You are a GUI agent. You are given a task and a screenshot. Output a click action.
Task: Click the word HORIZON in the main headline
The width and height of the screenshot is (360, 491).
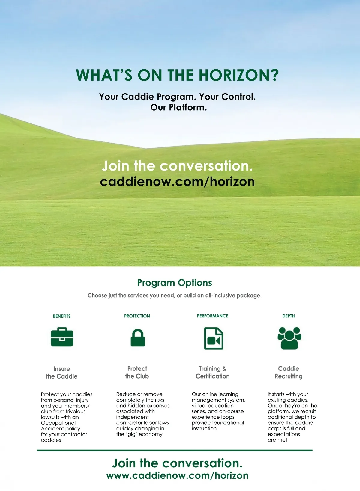coord(239,75)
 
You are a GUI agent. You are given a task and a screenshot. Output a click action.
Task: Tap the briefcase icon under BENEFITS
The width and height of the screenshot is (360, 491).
coord(62,337)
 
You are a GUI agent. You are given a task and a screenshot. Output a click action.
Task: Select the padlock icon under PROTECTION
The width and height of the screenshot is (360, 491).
coord(138,338)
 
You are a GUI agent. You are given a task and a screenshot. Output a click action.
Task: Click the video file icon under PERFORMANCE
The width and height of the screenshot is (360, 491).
coord(214,338)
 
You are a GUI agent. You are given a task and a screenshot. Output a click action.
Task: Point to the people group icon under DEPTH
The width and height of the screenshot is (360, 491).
coord(289,338)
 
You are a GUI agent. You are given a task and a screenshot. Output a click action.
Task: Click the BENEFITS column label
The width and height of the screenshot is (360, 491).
coord(62,316)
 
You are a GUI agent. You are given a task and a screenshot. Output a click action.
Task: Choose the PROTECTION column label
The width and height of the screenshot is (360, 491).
coord(137,316)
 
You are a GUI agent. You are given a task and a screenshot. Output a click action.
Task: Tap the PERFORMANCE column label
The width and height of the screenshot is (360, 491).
coord(212,316)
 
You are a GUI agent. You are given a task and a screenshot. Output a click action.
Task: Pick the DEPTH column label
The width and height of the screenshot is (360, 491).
coord(289,316)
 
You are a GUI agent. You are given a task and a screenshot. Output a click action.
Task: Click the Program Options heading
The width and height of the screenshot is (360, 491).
coord(175,283)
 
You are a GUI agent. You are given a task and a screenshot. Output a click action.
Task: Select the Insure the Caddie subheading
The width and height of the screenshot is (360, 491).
coord(61,373)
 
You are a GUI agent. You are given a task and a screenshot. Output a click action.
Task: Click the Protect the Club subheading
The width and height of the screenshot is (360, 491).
coord(137,372)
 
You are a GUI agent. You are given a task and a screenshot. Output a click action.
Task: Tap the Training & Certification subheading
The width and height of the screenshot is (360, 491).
coord(212,372)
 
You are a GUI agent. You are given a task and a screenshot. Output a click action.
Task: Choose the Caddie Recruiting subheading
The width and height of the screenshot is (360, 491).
coord(289,372)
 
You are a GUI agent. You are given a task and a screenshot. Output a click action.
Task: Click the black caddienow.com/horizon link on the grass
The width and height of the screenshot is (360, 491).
coord(177,182)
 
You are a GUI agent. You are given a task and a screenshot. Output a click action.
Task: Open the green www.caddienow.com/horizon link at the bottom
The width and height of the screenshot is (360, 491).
coord(177,476)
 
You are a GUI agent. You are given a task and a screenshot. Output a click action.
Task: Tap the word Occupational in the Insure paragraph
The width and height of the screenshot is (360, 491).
coord(58,423)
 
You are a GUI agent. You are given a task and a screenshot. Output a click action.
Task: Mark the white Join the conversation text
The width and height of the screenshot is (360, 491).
coord(177,166)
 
